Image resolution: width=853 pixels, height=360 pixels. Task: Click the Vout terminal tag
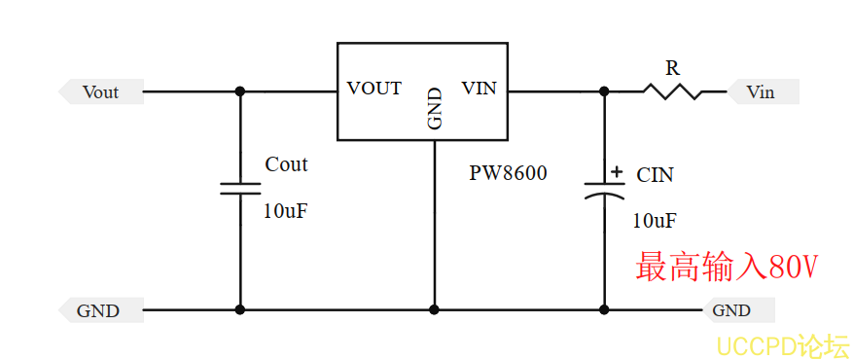point(101,91)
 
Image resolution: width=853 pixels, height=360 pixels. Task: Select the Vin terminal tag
point(763,91)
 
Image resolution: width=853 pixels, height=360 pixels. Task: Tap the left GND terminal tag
point(101,310)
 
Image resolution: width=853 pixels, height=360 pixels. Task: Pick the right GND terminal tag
point(737,310)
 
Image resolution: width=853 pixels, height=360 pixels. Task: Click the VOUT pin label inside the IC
point(374,89)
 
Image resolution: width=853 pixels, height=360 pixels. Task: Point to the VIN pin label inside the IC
point(479,89)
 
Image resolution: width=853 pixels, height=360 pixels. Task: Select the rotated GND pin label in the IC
point(435,109)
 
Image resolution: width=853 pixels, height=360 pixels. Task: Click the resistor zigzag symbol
point(672,91)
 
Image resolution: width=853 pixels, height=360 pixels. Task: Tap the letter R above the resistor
point(673,68)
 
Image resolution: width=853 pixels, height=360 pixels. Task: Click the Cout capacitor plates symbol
point(240,189)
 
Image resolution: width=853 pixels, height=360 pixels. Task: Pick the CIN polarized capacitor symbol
point(604,190)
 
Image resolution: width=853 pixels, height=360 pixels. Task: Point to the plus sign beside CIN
point(616,172)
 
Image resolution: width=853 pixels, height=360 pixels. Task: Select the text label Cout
point(286,164)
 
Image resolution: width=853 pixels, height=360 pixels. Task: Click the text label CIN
point(655,175)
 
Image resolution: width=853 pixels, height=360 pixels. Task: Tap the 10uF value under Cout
point(286,211)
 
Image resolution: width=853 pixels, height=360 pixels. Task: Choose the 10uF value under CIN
point(655,220)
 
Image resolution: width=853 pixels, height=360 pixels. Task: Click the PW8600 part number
point(508,173)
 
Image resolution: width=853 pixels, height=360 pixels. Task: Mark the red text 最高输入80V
point(727,267)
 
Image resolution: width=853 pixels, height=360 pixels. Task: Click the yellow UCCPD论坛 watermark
point(782,346)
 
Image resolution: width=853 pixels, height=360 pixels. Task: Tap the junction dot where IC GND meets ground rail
point(434,310)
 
